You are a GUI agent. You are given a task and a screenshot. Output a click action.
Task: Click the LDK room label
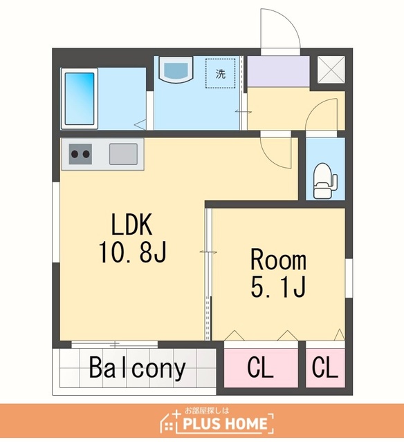pos(132,224)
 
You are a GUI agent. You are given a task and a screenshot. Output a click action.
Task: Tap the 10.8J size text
pos(132,252)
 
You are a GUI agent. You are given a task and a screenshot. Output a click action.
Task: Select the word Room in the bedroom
pos(278,260)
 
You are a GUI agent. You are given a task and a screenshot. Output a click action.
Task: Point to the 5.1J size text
pos(278,287)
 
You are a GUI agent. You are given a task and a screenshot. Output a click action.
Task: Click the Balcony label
pos(137,368)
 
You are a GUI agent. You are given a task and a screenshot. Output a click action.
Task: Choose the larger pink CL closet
pos(261,367)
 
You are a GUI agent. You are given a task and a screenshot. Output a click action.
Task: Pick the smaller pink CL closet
pos(325,367)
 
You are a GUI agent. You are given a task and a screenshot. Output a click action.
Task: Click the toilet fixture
pos(325,180)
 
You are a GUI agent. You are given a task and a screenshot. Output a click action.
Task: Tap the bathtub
pos(80,99)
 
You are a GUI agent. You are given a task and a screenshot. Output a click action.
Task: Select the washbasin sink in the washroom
pos(176,70)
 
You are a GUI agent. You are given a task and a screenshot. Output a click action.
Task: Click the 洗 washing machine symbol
pos(220,74)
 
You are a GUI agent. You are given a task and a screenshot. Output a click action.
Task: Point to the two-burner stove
pos(80,154)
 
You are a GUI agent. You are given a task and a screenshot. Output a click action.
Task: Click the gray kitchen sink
pos(123,154)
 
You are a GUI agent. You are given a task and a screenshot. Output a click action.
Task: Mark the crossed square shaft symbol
pos(331,70)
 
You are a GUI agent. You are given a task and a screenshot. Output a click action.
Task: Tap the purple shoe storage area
pos(278,71)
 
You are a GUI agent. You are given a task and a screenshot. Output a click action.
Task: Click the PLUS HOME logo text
pos(225,423)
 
